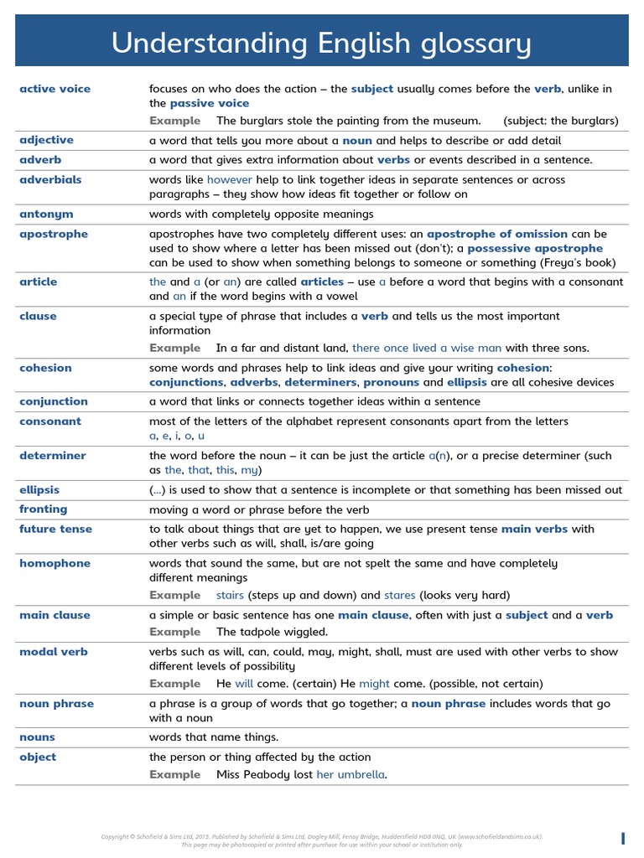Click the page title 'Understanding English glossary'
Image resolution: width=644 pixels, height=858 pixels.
321,44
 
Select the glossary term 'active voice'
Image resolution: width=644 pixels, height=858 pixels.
55,89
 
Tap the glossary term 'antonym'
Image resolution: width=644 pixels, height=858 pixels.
46,214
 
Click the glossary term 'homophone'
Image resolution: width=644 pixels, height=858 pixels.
55,563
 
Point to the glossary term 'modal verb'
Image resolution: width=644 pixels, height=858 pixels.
53,652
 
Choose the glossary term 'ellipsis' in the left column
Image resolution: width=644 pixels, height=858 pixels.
39,489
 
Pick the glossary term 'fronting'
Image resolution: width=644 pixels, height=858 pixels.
43,509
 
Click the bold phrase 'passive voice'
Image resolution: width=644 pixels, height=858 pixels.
209,103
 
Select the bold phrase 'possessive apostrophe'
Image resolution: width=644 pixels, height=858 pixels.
534,248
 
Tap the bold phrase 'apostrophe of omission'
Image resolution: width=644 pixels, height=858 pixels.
496,234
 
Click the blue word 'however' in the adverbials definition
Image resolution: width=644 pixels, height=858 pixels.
229,179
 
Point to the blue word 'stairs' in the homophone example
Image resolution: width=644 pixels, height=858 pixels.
230,595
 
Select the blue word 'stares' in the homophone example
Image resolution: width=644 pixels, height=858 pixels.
399,595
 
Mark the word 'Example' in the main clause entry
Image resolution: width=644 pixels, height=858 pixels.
174,632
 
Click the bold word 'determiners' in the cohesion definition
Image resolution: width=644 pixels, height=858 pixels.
320,382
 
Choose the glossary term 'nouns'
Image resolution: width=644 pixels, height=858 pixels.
37,737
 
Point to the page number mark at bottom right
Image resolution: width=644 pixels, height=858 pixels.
623,839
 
